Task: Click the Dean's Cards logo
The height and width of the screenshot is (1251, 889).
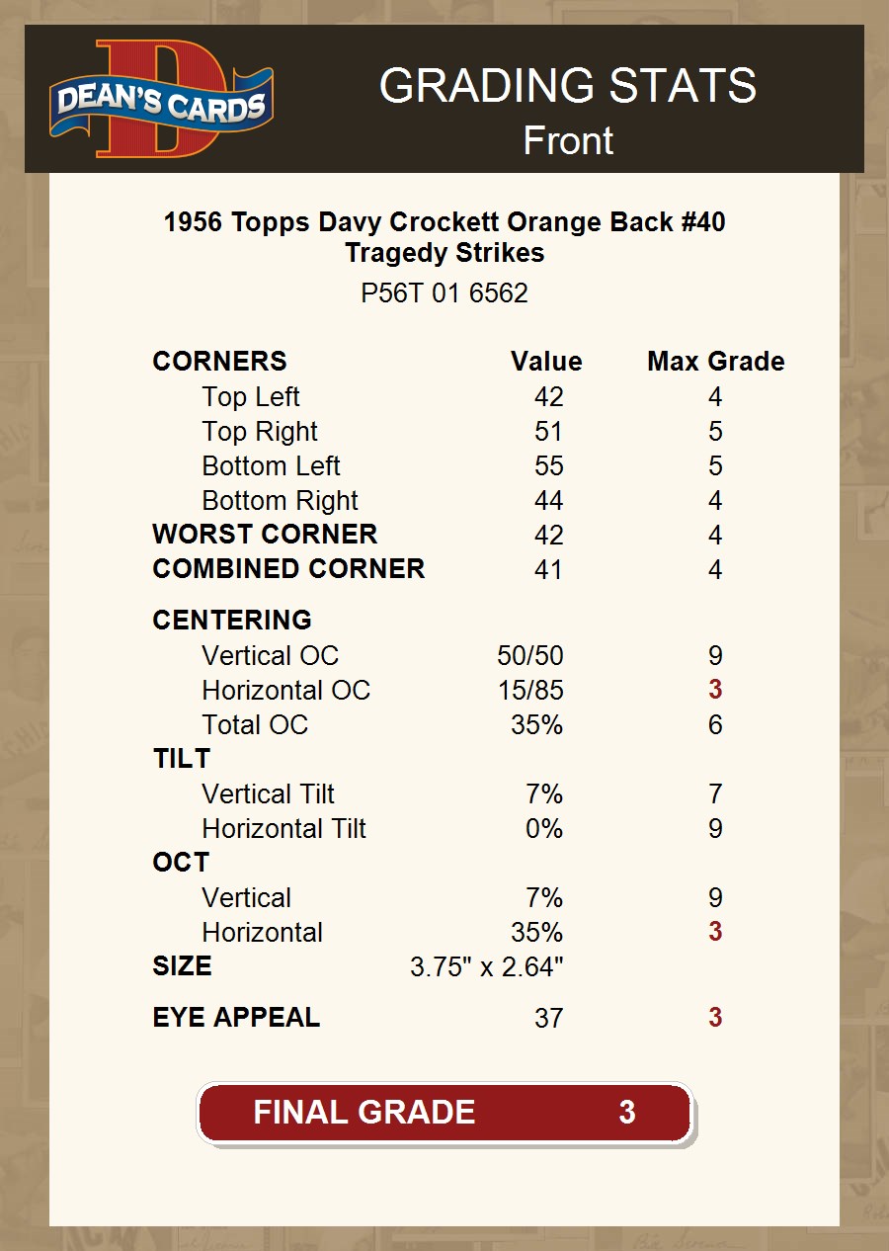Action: [161, 100]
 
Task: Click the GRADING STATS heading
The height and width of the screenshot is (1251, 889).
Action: [568, 87]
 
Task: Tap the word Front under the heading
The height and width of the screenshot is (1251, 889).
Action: [568, 140]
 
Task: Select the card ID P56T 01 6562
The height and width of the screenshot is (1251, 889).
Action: [444, 293]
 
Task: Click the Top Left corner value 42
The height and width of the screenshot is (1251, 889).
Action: [548, 397]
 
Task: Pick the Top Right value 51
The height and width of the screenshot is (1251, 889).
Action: [548, 432]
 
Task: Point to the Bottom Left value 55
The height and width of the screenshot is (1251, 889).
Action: [548, 466]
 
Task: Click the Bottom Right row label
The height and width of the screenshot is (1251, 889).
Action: [280, 501]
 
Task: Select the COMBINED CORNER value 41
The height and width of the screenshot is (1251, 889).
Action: [548, 570]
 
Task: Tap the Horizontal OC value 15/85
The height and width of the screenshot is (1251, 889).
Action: [530, 691]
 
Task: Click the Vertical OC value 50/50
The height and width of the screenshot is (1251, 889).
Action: [530, 656]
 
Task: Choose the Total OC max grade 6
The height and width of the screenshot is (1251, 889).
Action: [715, 725]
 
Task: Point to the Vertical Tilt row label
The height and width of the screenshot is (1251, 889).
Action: [268, 794]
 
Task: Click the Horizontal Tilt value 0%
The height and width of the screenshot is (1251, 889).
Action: [544, 829]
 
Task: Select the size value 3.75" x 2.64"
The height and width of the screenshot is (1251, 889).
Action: [486, 967]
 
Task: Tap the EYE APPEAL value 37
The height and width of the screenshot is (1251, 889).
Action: [548, 1019]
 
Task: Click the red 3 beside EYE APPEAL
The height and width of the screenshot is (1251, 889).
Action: [715, 1018]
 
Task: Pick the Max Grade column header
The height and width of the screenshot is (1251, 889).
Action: [715, 362]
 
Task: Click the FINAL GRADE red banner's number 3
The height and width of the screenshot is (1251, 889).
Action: [626, 1113]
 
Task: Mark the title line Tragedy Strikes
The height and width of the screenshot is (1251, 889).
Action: [444, 253]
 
